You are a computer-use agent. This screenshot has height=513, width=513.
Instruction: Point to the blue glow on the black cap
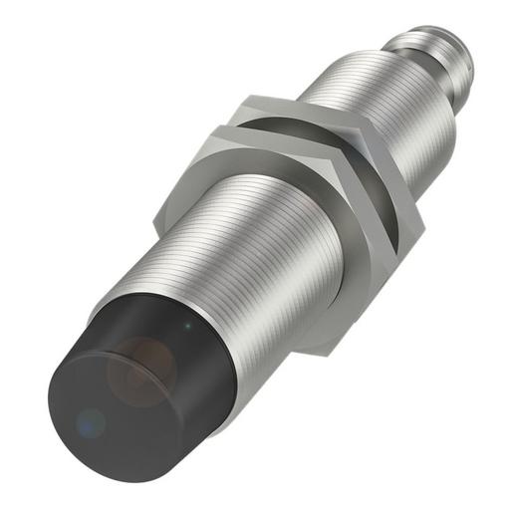91,422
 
